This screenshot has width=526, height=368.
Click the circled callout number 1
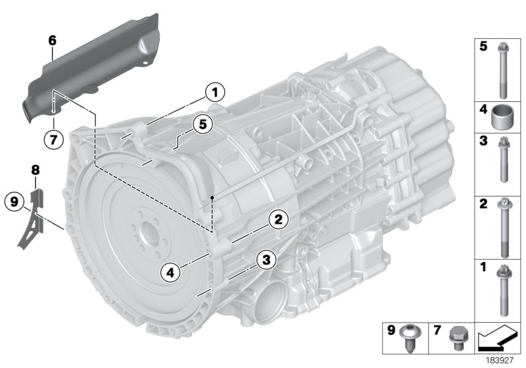pos(214,92)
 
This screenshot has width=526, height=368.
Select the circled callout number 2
pos(278,219)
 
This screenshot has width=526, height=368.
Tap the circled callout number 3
pos(265,260)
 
